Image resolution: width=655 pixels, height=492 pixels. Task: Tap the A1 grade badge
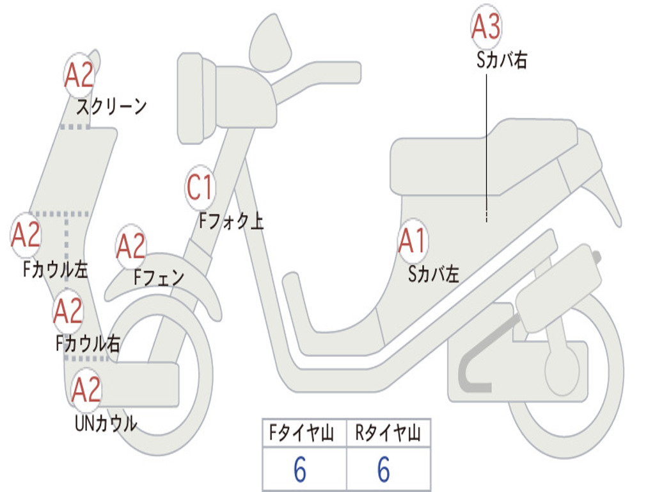pyautogui.click(x=413, y=242)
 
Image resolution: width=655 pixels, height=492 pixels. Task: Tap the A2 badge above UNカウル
pyautogui.click(x=86, y=389)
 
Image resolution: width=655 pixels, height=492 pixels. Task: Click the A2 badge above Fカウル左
pyautogui.click(x=26, y=235)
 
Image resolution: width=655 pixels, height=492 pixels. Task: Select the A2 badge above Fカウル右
pyautogui.click(x=68, y=311)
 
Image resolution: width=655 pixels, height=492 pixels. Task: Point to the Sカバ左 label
pyautogui.click(x=434, y=274)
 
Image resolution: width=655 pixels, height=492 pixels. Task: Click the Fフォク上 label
pyautogui.click(x=231, y=222)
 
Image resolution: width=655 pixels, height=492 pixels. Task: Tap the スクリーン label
pyautogui.click(x=111, y=106)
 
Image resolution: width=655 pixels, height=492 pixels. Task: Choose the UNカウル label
pyautogui.click(x=106, y=423)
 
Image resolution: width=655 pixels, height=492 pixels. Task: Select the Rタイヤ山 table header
pyautogui.click(x=388, y=434)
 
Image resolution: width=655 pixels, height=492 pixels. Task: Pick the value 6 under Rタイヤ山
pyautogui.click(x=383, y=471)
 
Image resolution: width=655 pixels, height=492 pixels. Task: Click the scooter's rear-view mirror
pyautogui.click(x=269, y=42)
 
